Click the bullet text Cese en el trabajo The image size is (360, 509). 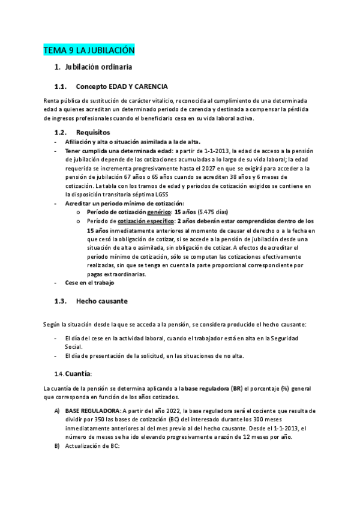89,282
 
